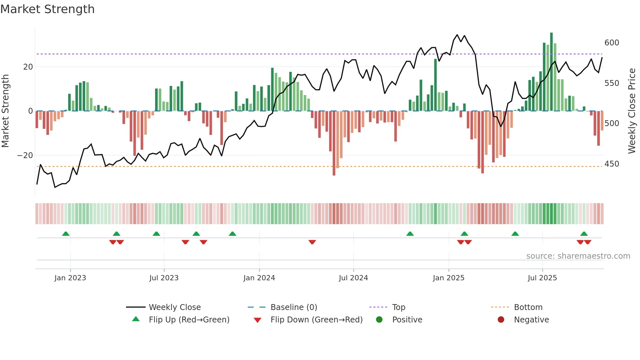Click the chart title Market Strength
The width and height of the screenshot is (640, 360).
click(x=47, y=9)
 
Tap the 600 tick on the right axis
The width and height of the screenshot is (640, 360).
click(x=612, y=43)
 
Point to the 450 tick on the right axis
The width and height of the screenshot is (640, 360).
click(x=612, y=164)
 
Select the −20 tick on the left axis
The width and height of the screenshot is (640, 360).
click(x=25, y=155)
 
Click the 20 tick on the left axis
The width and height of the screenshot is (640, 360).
click(x=28, y=67)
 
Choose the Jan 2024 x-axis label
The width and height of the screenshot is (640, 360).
click(x=259, y=278)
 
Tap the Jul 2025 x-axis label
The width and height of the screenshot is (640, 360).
click(x=542, y=278)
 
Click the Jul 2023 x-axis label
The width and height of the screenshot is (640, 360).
click(x=164, y=278)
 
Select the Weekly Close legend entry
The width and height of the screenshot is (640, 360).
click(x=175, y=307)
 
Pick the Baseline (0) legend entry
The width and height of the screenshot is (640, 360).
click(x=294, y=307)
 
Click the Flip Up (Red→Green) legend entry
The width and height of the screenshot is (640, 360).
click(x=189, y=320)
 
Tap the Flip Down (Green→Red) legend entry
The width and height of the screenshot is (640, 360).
click(x=316, y=320)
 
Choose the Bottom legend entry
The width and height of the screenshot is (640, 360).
click(x=528, y=307)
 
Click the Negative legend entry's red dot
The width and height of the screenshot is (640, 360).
click(x=501, y=319)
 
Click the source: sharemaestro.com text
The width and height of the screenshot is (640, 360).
click(x=578, y=256)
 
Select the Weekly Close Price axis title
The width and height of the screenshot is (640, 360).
click(x=632, y=111)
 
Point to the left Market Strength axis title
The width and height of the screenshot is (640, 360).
click(x=5, y=111)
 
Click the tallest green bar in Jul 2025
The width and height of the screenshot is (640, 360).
click(x=552, y=72)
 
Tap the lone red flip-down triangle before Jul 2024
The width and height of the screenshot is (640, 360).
click(x=312, y=242)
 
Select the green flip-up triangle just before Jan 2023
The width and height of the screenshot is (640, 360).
click(x=66, y=234)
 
